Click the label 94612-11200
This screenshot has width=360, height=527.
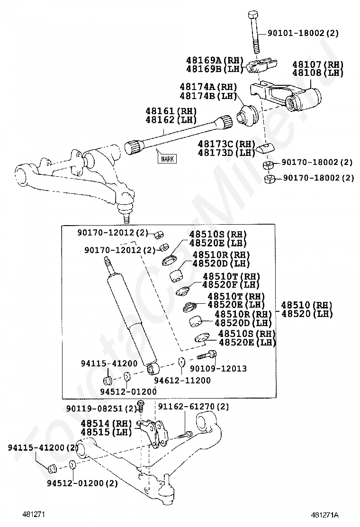pyautogui.click(x=182, y=380)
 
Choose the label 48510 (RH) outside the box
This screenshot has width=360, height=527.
pyautogui.click(x=306, y=305)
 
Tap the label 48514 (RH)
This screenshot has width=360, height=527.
pyautogui.click(x=105, y=423)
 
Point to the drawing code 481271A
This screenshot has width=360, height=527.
pyautogui.click(x=327, y=515)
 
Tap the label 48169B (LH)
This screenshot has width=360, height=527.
pyautogui.click(x=215, y=69)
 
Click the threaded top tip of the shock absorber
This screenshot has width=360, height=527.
pyautogui.click(x=108, y=261)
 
